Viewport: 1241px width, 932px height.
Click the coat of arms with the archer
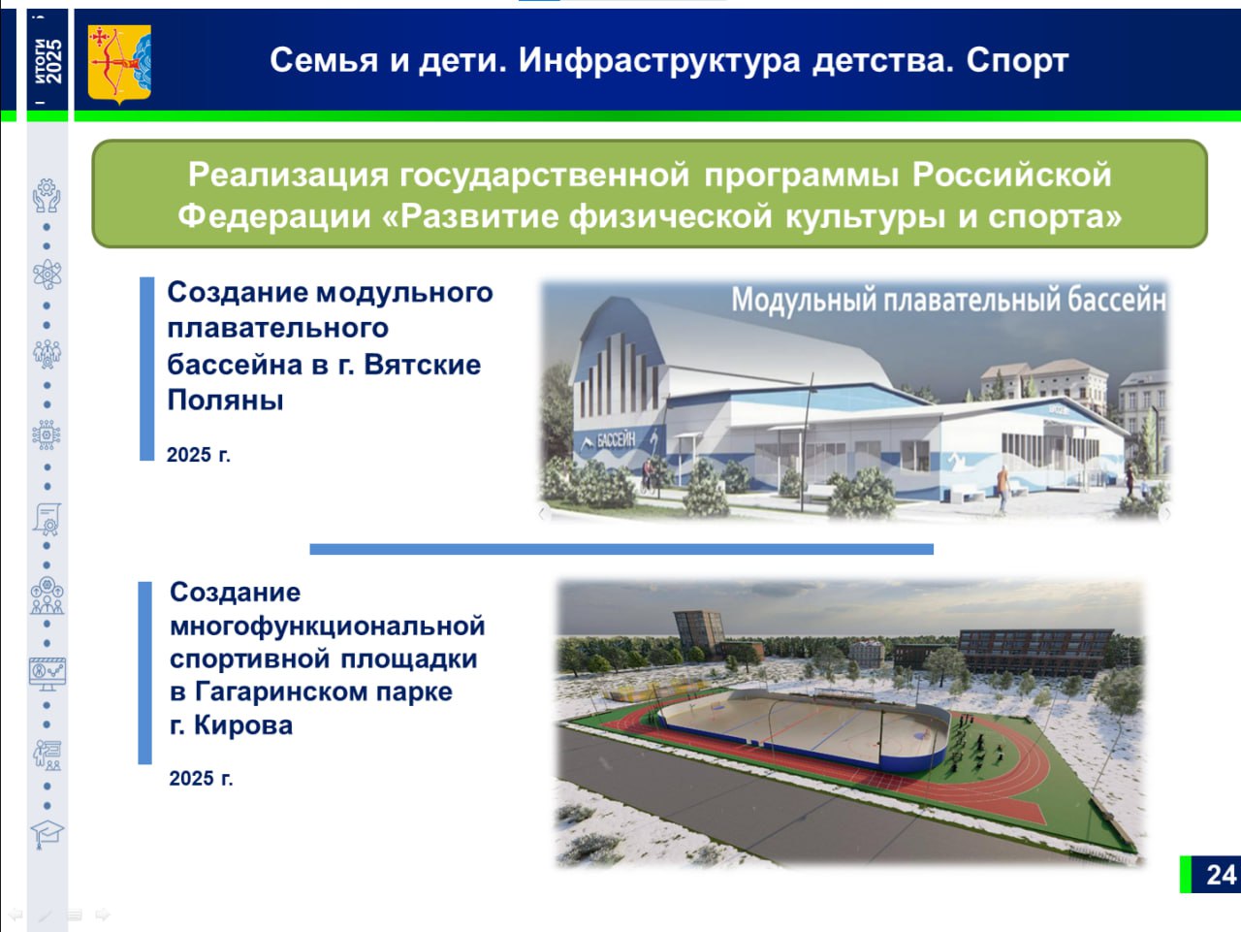click(x=119, y=64)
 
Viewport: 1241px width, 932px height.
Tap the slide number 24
click(x=1222, y=875)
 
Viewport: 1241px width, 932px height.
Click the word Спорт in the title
click(x=1017, y=60)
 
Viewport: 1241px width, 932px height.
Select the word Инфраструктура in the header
click(x=659, y=60)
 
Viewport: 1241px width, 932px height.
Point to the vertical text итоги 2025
click(x=48, y=61)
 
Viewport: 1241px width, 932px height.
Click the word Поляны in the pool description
click(x=225, y=400)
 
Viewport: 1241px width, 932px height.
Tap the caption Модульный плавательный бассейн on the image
click(x=949, y=300)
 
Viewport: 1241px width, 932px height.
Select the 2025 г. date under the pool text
click(x=199, y=455)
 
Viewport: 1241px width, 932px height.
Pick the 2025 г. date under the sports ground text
click(x=201, y=778)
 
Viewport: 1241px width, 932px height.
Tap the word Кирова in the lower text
click(x=243, y=725)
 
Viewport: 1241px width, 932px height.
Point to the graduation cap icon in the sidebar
click(x=47, y=834)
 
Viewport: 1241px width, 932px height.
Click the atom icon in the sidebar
click(x=47, y=274)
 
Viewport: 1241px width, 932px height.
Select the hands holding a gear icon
click(x=47, y=196)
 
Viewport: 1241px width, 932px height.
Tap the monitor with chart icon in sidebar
click(x=48, y=674)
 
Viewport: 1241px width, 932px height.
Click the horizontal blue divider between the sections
click(x=621, y=549)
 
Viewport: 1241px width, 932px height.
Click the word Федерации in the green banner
click(x=274, y=215)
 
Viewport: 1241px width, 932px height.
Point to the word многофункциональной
click(x=328, y=627)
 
